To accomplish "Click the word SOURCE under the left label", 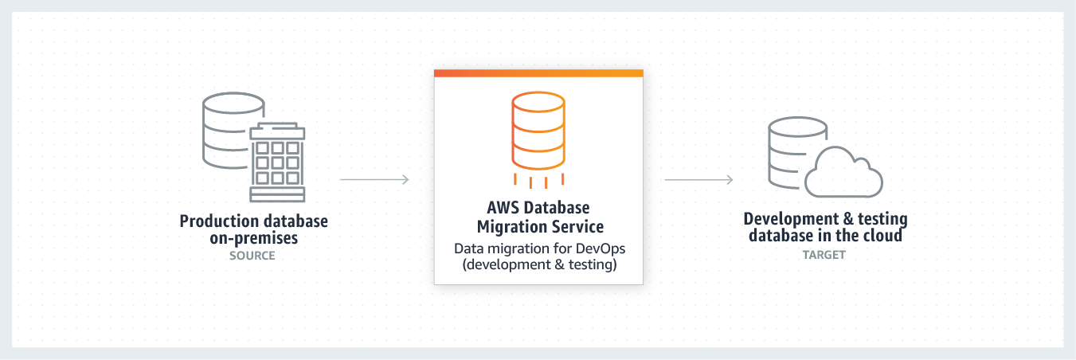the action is tap(252, 256).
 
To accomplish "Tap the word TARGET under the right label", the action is tap(824, 255).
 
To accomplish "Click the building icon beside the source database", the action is tap(277, 162).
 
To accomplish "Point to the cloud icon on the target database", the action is tap(843, 172).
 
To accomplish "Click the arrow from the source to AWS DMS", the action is tap(374, 179).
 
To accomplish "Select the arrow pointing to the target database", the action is tap(699, 180).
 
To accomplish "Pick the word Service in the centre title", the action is tap(578, 226).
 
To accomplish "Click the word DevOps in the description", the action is tap(601, 248).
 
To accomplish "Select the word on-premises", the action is tap(253, 238).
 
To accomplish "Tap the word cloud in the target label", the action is tap(882, 236).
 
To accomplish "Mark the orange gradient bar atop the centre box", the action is tap(538, 73).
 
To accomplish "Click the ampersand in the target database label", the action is tap(848, 219).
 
